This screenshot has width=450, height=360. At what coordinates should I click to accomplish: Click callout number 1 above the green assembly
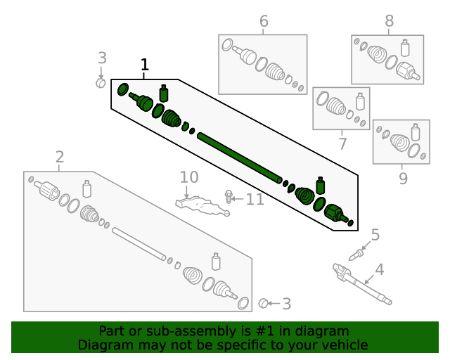click(145, 65)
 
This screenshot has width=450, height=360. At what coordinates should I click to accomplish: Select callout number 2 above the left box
click(60, 156)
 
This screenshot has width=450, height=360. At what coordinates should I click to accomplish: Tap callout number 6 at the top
click(264, 22)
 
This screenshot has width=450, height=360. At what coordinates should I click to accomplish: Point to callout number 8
click(389, 22)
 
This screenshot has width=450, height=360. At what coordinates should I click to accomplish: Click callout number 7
click(342, 144)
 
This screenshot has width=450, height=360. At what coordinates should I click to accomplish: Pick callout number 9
click(403, 179)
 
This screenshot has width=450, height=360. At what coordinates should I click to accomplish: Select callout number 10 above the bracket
click(189, 177)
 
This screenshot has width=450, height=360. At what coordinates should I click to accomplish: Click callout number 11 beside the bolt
click(255, 200)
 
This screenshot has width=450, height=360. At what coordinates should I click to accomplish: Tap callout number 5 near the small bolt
click(375, 235)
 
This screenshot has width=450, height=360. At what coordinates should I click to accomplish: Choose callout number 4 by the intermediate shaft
click(379, 269)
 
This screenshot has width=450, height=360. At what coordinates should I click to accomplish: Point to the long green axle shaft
click(239, 156)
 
